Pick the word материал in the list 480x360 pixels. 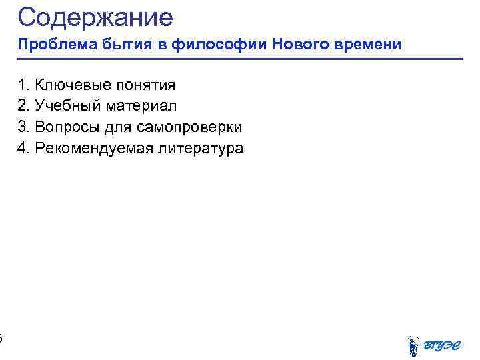[x=140, y=105]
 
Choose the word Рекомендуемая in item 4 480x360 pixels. [x=94, y=148]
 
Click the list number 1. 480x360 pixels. [x=23, y=85]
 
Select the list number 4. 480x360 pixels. [x=23, y=148]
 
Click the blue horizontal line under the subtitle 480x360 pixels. [x=240, y=59]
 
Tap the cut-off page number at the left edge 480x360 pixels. [x=1, y=339]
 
